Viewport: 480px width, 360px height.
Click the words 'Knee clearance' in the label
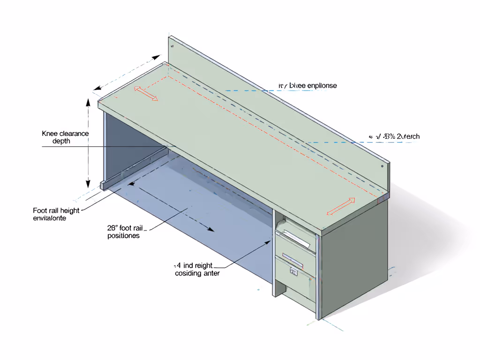click(x=65, y=134)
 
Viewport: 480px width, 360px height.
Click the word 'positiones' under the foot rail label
click(x=123, y=236)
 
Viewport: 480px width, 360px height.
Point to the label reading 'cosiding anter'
click(x=197, y=273)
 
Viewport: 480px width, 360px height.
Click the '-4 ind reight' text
click(x=194, y=265)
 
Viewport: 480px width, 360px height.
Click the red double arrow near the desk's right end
click(x=341, y=207)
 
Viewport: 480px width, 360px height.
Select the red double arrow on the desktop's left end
click(x=147, y=94)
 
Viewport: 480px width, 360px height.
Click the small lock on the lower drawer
click(x=294, y=270)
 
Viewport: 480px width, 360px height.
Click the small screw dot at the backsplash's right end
click(x=383, y=165)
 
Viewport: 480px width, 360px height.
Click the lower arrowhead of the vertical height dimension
click(x=88, y=184)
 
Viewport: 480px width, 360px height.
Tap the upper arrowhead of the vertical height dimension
click(x=88, y=102)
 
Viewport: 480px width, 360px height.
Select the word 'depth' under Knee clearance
click(x=61, y=141)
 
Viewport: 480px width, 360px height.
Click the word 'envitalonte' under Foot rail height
click(x=50, y=218)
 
